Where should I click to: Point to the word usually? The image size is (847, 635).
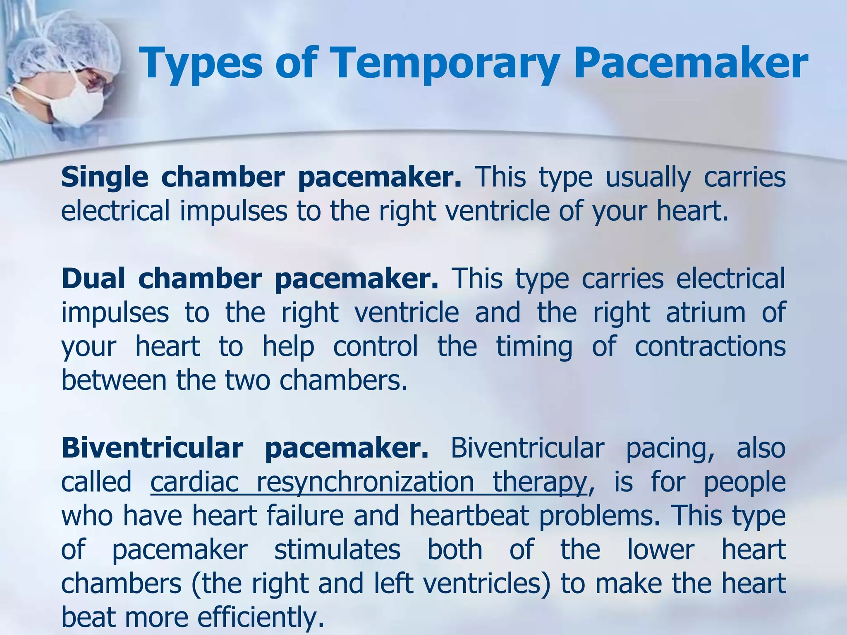[648, 178]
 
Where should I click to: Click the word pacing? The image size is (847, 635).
[670, 449]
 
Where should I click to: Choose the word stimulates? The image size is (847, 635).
[337, 550]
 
